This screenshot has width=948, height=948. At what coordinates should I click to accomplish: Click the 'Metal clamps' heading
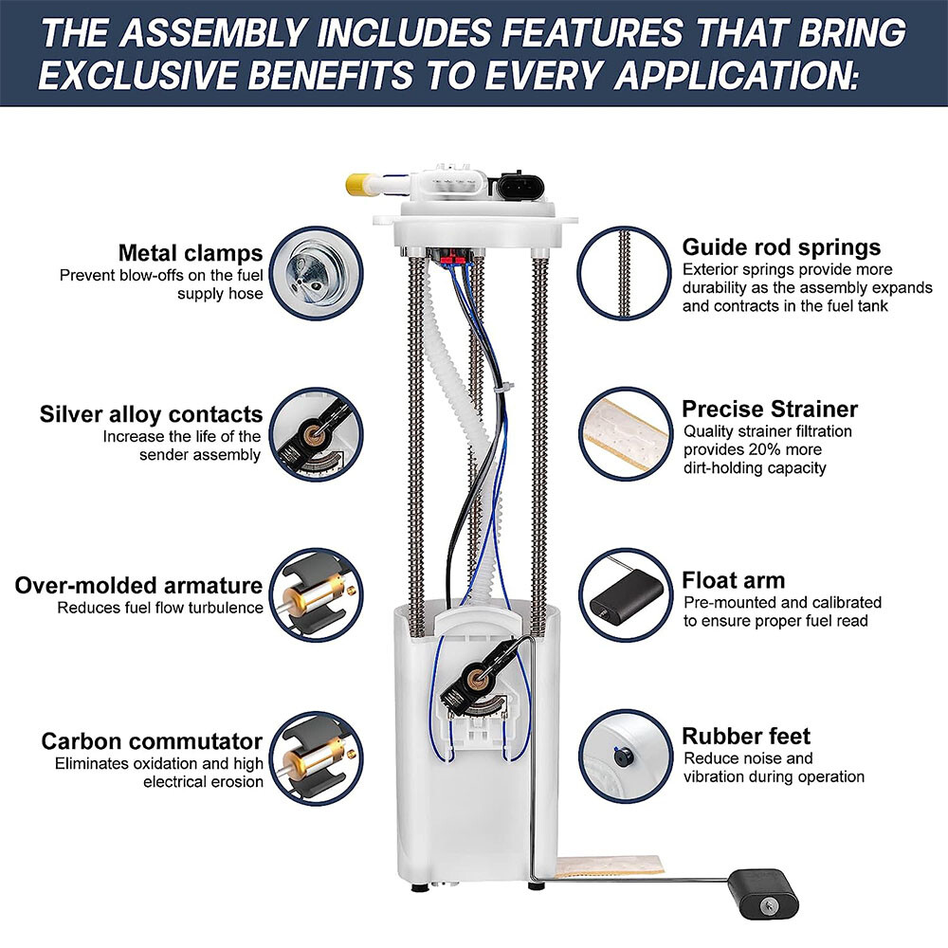(191, 253)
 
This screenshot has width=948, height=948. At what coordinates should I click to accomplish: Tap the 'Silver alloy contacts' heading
(151, 414)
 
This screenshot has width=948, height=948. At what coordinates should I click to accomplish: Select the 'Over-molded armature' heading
(138, 585)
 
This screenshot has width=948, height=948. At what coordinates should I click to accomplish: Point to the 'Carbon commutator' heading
(152, 741)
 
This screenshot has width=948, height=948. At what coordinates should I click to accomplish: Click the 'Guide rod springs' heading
(781, 247)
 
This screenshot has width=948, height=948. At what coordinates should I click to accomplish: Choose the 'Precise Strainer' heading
(770, 410)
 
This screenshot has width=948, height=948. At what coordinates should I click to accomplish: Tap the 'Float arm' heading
(734, 580)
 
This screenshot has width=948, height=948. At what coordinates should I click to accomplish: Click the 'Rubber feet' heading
(746, 736)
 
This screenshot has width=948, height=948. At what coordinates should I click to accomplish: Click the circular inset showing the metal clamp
(317, 273)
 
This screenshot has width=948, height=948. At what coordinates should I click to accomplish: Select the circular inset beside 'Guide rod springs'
(625, 273)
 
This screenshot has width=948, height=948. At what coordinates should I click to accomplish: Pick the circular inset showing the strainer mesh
(626, 434)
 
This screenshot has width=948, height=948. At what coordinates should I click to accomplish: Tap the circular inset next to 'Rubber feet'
(626, 757)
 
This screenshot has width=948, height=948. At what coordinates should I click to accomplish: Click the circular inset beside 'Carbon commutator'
(317, 758)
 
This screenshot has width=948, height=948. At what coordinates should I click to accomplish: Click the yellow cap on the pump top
(358, 184)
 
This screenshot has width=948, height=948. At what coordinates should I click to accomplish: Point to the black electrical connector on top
(520, 185)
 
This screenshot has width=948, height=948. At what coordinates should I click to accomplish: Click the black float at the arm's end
(763, 894)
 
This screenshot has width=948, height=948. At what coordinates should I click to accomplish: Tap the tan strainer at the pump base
(610, 866)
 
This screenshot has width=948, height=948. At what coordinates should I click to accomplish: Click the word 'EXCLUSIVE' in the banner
(139, 76)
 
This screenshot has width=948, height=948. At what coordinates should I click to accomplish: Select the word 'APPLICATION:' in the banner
(737, 76)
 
